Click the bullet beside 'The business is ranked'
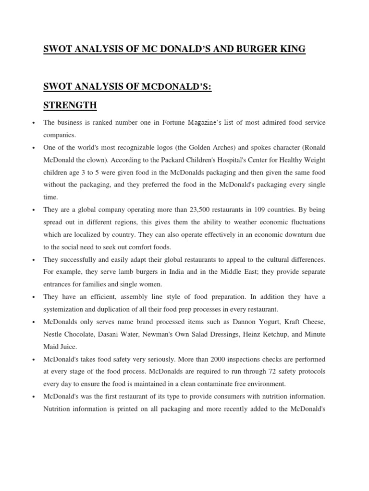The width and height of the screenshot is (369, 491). click(33, 123)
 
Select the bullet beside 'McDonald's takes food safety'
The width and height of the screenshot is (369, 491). click(33, 359)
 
